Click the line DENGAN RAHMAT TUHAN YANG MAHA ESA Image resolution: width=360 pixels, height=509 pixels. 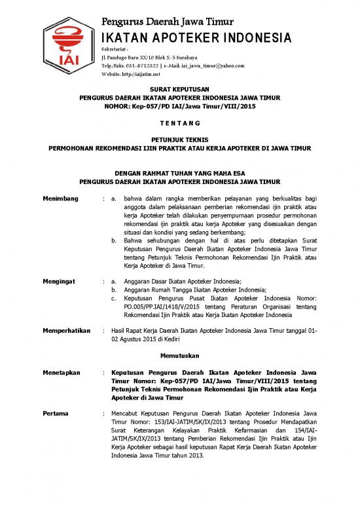click(x=179, y=173)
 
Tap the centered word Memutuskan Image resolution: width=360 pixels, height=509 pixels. click(x=179, y=355)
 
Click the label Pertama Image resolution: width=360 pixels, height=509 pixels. click(x=56, y=414)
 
